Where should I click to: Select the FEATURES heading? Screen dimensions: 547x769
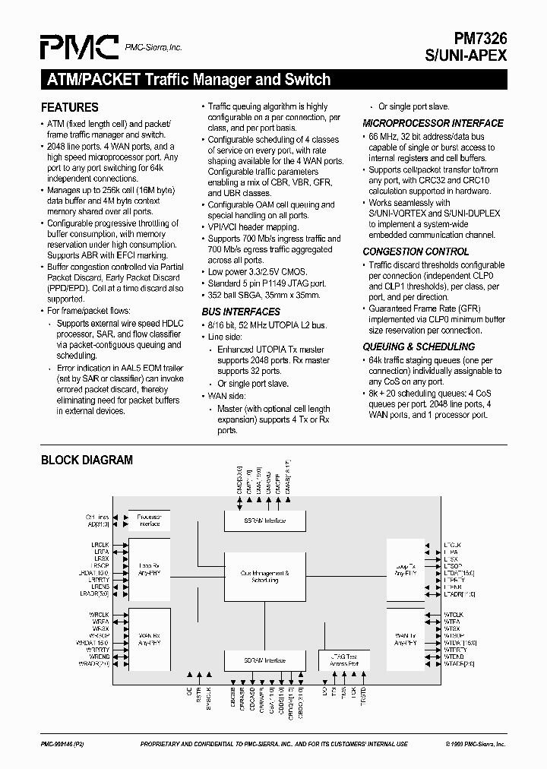[x=69, y=107]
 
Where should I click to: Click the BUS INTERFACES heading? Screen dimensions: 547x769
[x=240, y=312]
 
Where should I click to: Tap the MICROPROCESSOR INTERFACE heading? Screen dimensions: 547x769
[x=432, y=123]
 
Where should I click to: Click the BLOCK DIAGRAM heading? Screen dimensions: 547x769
[x=87, y=460]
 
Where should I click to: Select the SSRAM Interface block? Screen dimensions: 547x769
[x=264, y=521]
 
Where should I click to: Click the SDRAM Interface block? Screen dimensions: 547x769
[x=264, y=660]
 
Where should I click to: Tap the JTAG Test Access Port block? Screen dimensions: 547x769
[x=343, y=660]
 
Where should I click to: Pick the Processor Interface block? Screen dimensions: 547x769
[x=149, y=521]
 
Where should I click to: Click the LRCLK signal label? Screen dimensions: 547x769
[x=101, y=545]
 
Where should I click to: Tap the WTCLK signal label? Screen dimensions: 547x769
[x=454, y=614]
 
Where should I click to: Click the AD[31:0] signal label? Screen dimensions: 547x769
[x=100, y=524]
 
